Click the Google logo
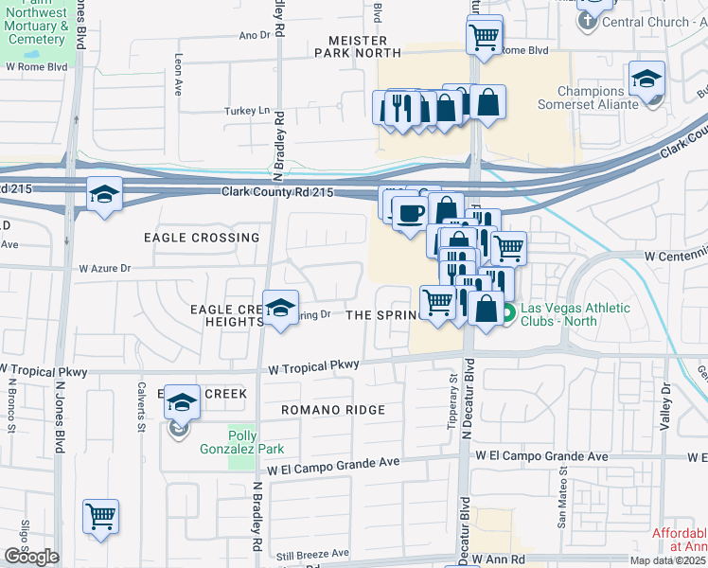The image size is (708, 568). click(x=31, y=557)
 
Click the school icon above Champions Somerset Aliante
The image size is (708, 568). click(x=647, y=79)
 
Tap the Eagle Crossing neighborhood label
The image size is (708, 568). click(x=201, y=238)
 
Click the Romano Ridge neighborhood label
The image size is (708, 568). click(x=332, y=410)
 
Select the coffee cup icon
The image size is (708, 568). click(x=409, y=213)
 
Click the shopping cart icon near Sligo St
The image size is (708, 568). click(x=100, y=516)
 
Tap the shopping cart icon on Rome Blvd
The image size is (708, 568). click(x=484, y=37)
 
